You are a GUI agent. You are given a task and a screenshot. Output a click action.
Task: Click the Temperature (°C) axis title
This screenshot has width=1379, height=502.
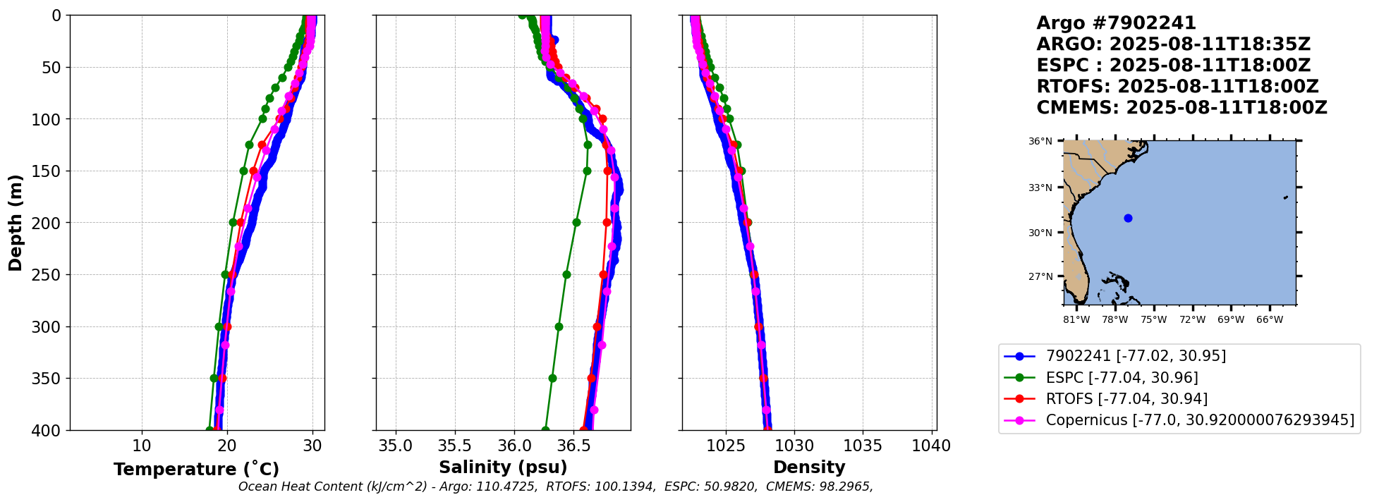point(196,470)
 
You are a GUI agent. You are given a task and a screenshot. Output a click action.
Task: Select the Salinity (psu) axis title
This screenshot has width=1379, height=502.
point(503,467)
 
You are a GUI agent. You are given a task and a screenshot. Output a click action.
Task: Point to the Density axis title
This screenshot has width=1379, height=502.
point(809,467)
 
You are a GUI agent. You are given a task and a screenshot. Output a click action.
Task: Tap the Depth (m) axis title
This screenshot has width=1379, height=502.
point(16,222)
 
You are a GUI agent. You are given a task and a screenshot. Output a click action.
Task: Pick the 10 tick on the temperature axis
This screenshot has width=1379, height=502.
point(142,446)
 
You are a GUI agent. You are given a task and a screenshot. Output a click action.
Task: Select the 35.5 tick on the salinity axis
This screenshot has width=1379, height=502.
point(455,446)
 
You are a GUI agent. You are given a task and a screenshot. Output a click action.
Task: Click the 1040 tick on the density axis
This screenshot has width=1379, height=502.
point(931,446)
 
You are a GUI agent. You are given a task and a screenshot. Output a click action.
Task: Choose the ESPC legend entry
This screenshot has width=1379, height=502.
point(1122,378)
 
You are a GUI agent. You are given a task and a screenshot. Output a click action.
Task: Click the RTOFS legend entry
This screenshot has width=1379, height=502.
point(1126,399)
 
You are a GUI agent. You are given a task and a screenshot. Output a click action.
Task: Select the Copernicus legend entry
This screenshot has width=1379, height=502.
point(1199,420)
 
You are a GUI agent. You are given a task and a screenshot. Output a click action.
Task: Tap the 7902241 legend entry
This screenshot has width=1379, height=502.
point(1136,356)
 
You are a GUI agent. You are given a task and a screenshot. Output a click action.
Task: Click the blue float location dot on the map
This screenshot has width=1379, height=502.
point(1128,218)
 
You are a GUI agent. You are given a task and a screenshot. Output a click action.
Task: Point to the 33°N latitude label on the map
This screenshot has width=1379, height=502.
point(1040,188)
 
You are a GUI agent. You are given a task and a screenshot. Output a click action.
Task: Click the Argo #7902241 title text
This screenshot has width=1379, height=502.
point(1116,23)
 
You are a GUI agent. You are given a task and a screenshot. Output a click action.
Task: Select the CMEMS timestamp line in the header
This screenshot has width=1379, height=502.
point(1181,108)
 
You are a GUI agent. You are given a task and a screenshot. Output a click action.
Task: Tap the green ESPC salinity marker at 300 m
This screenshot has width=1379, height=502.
point(559,326)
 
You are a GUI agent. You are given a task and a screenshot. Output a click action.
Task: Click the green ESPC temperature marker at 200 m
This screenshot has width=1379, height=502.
point(233,223)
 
